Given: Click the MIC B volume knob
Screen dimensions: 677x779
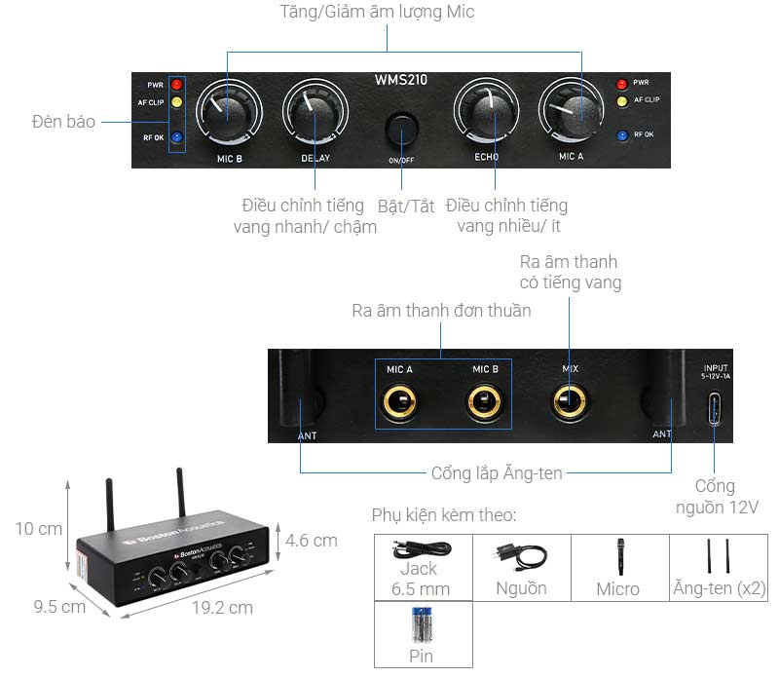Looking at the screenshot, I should tap(228, 115).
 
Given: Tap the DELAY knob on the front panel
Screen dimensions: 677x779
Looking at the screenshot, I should tap(315, 115).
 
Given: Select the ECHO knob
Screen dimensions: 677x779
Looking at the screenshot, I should tap(486, 115).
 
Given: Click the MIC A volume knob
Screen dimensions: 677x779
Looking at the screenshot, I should tap(574, 115).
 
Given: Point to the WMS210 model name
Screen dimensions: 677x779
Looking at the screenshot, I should tap(400, 80).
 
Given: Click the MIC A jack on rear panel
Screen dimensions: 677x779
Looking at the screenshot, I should tap(399, 399).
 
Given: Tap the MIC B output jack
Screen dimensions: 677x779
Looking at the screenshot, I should tap(484, 399).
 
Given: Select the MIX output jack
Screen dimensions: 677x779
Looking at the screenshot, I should tap(570, 399).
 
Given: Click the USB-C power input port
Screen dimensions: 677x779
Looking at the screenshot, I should tap(715, 405).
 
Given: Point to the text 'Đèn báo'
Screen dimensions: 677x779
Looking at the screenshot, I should tap(63, 123).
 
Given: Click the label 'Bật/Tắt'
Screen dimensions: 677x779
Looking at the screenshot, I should tap(406, 206).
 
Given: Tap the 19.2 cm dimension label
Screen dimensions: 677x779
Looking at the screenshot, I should tap(222, 608).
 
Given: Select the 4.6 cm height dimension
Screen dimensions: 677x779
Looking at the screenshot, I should tap(312, 540).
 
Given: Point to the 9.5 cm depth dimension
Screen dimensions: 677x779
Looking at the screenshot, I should tap(58, 606).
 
